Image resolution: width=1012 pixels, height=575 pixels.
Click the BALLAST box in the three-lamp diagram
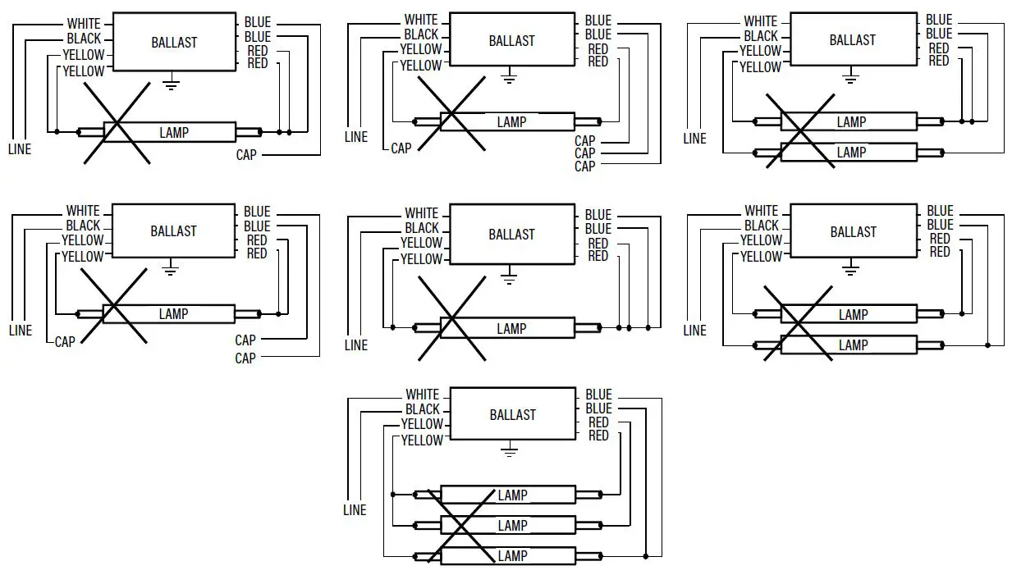coord(512,415)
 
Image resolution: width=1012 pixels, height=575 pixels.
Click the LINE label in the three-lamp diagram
coord(355,510)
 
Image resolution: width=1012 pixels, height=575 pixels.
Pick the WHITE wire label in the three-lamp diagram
coord(423,395)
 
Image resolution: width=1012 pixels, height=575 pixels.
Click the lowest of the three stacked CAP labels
coord(584,167)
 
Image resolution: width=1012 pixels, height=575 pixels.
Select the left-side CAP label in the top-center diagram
coord(401,148)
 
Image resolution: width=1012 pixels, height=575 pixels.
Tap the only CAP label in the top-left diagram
coord(246,154)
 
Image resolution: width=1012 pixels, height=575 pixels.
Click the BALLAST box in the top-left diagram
coord(173,42)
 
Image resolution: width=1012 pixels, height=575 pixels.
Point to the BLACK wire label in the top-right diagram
coord(761,36)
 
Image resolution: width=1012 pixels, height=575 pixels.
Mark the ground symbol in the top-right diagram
coord(850,77)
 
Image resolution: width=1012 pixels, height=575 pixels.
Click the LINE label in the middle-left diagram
coord(21,331)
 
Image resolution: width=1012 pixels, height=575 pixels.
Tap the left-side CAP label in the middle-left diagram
coord(65,341)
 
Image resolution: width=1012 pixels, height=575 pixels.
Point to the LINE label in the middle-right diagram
coord(694,331)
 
